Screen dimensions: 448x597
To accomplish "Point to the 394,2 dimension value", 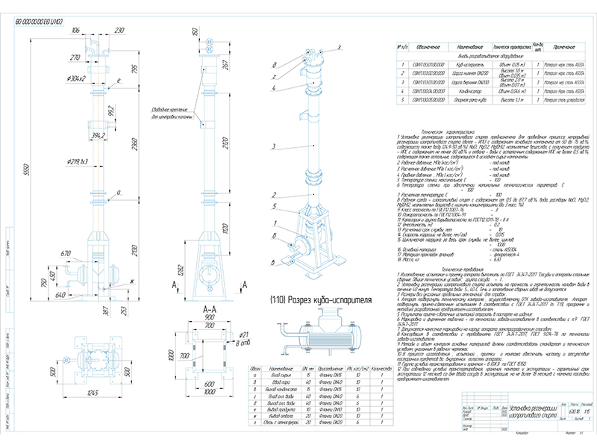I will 96,136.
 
